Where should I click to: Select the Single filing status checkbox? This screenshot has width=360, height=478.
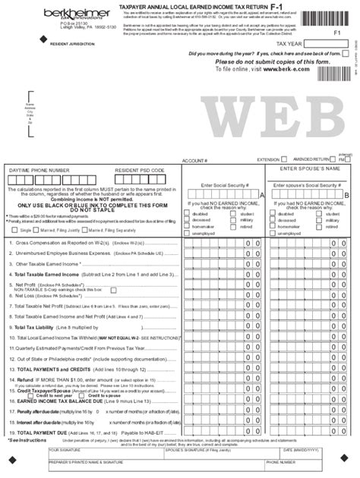[x=16, y=228]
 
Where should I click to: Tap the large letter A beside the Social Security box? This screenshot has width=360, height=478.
[x=262, y=195]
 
